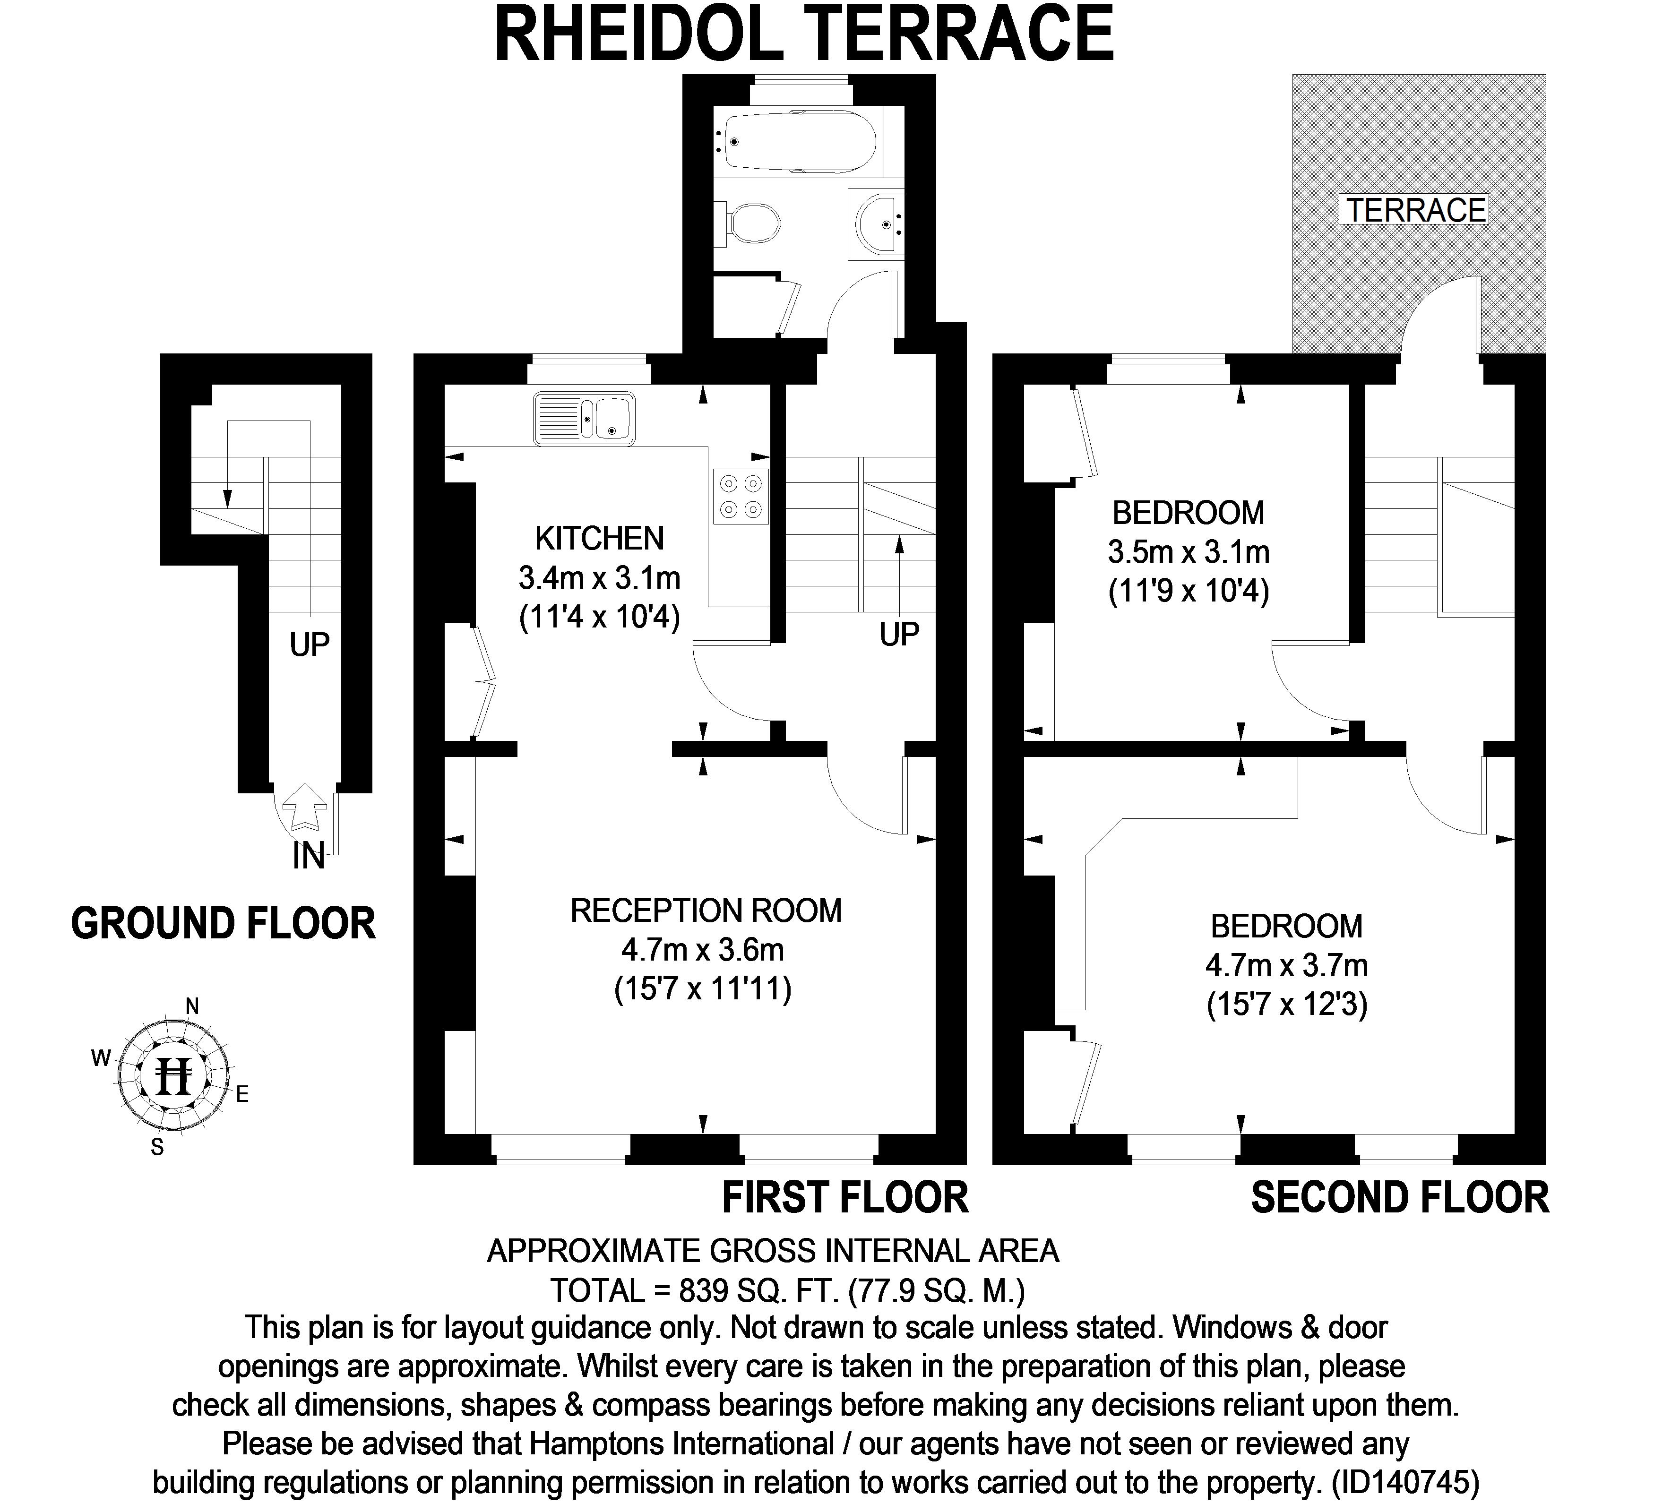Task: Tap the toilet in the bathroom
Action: (x=754, y=223)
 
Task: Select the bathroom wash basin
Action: (x=879, y=223)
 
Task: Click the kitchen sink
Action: (x=584, y=419)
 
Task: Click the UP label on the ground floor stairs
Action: (x=310, y=645)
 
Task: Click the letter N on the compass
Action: (x=193, y=1006)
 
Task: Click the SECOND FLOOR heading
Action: (x=1400, y=1198)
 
